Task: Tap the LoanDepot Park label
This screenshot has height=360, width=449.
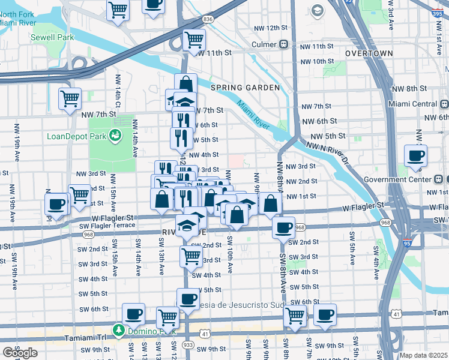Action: [x=77, y=136]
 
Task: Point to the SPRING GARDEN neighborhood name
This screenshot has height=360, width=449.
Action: [x=245, y=88]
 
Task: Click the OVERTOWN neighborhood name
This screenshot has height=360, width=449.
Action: [x=369, y=53]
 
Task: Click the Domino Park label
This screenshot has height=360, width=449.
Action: [x=145, y=330]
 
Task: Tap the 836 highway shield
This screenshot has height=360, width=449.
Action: [x=208, y=19]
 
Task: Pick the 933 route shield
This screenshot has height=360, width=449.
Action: [x=187, y=346]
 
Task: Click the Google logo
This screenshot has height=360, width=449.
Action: [x=20, y=352]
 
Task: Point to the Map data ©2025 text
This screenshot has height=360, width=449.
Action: [x=423, y=355]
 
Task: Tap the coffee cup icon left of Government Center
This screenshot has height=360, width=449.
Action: [x=415, y=157]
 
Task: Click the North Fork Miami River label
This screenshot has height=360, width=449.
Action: [x=24, y=10]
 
